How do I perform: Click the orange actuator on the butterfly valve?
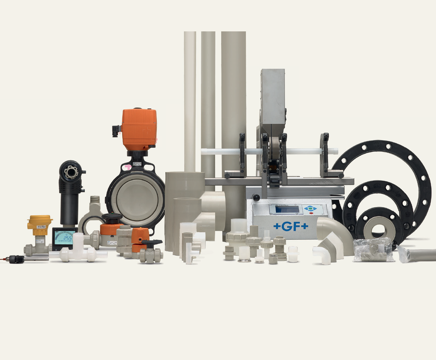[x=139, y=129]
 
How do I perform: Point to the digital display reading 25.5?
[x=64, y=238]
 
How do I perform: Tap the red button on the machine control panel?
[x=311, y=213]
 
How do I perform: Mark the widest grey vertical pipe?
[x=233, y=106]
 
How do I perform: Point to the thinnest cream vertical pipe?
[x=190, y=98]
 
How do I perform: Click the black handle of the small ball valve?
[x=152, y=243]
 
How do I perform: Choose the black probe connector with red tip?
[x=16, y=259]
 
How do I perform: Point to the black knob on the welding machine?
[x=256, y=197]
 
